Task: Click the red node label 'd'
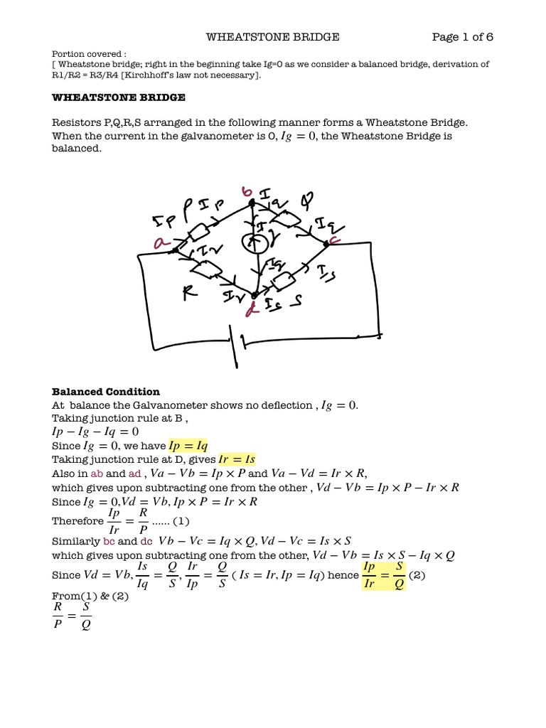(250, 309)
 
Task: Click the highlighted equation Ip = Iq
(188, 446)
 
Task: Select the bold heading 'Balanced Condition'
(106, 392)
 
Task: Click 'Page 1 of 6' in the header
(463, 37)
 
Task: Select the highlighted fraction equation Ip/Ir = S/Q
(383, 575)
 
